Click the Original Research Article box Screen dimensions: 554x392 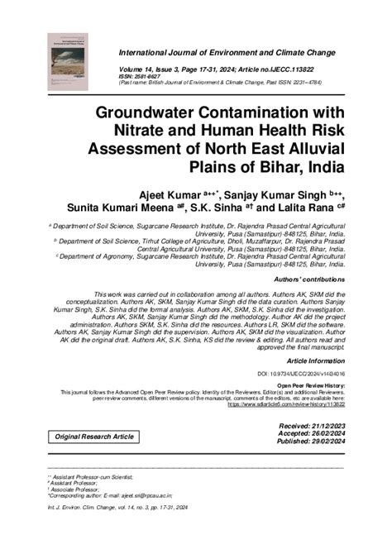click(x=94, y=436)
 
